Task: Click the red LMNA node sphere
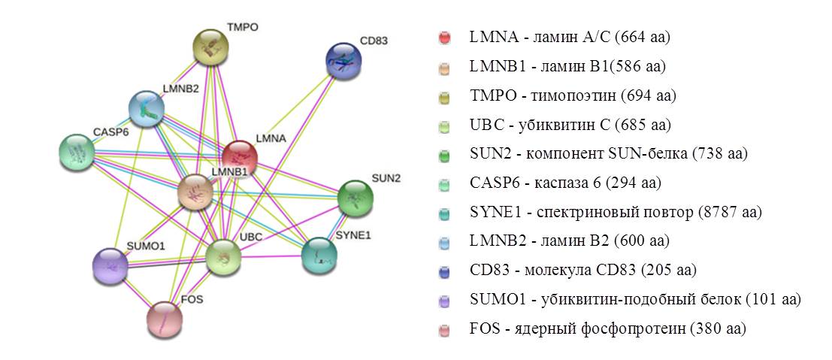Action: click(x=240, y=158)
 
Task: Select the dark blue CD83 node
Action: click(x=344, y=61)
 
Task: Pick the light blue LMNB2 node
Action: click(x=147, y=110)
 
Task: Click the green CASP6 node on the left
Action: click(x=77, y=153)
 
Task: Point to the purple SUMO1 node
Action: click(x=110, y=265)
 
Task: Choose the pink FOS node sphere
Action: click(x=165, y=319)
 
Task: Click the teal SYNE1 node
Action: click(x=319, y=255)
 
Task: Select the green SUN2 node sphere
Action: click(x=355, y=198)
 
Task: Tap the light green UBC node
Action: click(x=224, y=258)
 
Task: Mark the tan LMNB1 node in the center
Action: click(x=196, y=192)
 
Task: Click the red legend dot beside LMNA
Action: click(x=444, y=38)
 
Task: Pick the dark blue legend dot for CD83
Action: click(x=444, y=271)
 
